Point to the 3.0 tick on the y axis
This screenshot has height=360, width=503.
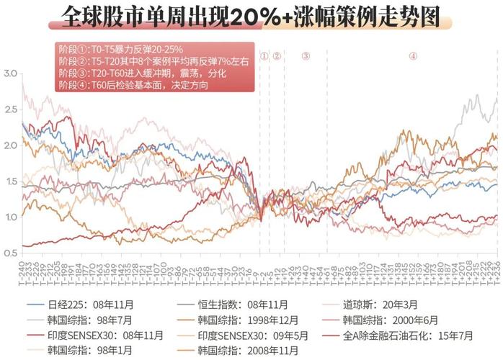(x=9, y=74)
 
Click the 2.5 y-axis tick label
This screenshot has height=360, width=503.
(x=9, y=109)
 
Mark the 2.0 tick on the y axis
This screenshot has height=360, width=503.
(x=9, y=145)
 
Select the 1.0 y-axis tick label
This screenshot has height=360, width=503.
(x=9, y=217)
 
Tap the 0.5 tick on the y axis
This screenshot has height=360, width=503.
(x=9, y=253)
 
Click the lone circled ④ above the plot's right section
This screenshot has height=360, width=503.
(x=413, y=55)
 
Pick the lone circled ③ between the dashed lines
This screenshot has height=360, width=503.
(x=306, y=55)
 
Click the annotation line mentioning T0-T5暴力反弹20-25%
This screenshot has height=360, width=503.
(x=121, y=50)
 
